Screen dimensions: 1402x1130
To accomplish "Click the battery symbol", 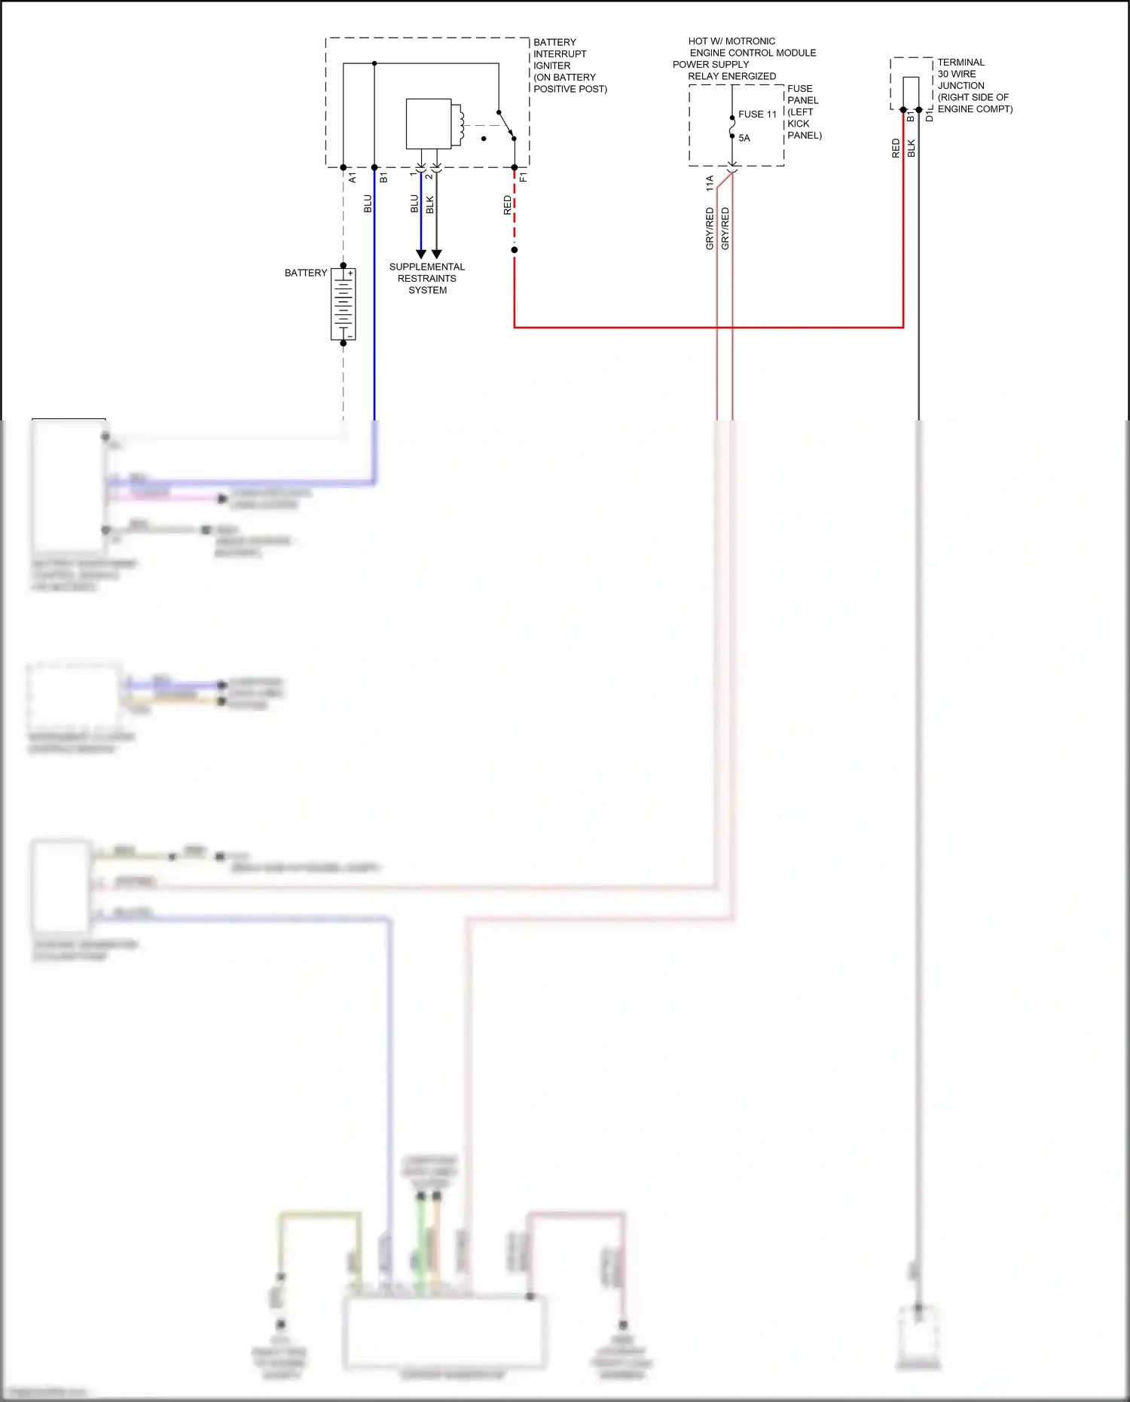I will [x=344, y=304].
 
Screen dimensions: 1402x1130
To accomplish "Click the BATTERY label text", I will [x=306, y=273].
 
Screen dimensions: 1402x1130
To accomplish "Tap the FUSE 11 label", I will [x=757, y=115].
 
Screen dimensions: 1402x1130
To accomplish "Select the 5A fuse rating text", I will [x=744, y=138].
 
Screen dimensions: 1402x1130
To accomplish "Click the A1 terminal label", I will [x=352, y=178].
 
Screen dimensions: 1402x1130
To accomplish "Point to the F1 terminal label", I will [x=523, y=178].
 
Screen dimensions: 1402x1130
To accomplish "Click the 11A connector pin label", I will [x=709, y=183].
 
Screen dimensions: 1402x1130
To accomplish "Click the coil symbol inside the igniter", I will [x=457, y=124].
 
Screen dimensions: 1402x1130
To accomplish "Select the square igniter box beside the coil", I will [x=428, y=124].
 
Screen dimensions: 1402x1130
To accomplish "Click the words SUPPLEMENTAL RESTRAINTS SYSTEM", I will [x=427, y=278].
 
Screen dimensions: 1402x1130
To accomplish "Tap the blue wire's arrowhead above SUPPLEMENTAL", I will [x=421, y=254].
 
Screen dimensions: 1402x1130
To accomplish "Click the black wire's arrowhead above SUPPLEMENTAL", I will [x=436, y=254].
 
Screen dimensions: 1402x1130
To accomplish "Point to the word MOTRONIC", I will [x=750, y=41].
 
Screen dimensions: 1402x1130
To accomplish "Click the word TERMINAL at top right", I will [x=960, y=63].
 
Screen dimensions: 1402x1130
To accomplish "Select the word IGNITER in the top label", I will [x=551, y=66].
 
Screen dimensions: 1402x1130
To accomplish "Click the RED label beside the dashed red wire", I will [x=507, y=205].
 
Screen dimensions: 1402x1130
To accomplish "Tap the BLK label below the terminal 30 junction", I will [x=911, y=148].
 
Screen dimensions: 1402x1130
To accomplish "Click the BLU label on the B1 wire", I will [x=368, y=203].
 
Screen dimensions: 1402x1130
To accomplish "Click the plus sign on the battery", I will [x=350, y=273].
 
